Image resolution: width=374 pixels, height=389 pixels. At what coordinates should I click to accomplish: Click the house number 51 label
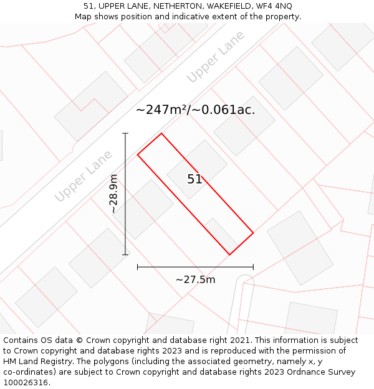[x=194, y=179]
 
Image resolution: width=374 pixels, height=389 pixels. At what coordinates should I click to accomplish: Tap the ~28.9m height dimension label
[x=113, y=194]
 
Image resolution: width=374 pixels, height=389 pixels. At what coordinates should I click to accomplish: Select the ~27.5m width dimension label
[x=195, y=279]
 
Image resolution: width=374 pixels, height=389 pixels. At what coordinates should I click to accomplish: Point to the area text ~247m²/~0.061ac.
[x=195, y=110]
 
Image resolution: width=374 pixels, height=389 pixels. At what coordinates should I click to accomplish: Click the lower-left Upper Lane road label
[x=83, y=176]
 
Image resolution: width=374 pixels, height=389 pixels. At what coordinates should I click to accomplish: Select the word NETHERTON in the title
[x=171, y=6]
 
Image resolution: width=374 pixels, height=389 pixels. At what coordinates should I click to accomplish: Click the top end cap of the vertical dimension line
[x=125, y=133]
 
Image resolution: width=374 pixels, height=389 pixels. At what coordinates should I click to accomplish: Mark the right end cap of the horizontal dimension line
[x=253, y=267]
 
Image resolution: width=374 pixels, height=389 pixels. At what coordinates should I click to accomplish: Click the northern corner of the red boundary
[x=161, y=133]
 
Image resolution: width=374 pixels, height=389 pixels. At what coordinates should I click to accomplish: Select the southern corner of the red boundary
[x=230, y=255]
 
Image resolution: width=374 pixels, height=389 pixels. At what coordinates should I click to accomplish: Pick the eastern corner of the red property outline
[x=253, y=233]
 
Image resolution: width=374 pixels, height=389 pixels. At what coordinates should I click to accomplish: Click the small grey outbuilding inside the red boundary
[x=220, y=233]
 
